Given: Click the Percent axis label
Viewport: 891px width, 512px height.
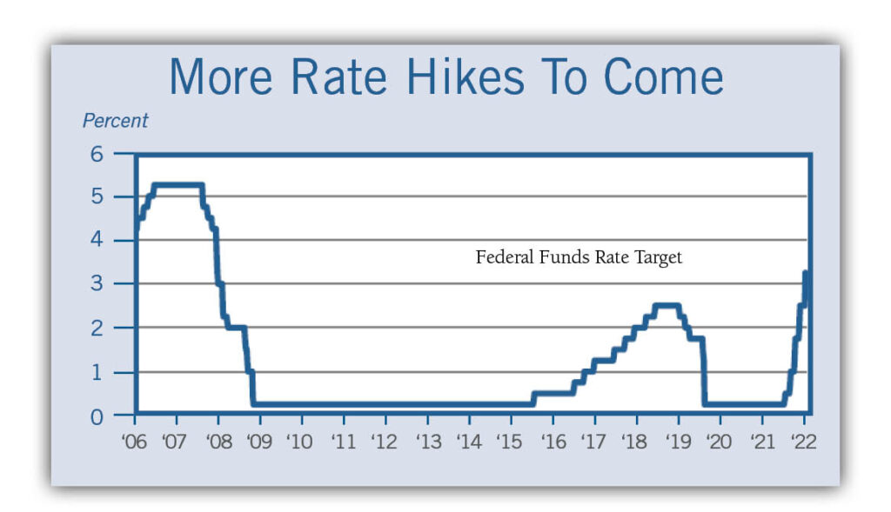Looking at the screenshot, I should click(115, 121).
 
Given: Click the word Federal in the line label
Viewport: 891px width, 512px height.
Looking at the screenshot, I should click(502, 257).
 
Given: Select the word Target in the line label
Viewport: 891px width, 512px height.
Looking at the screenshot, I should click(658, 258).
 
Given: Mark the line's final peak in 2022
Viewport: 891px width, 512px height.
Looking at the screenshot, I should click(806, 272).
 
